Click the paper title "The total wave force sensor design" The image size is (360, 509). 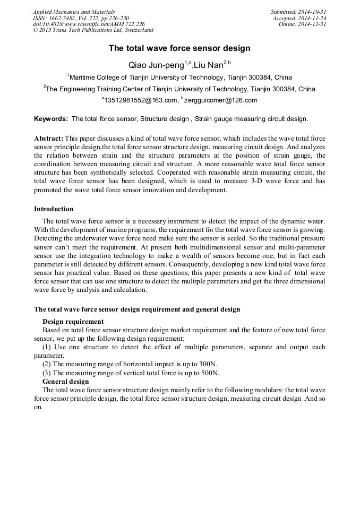179,48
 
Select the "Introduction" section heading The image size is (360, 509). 54,209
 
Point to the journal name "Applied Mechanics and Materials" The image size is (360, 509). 73,12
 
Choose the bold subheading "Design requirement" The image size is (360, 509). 73,322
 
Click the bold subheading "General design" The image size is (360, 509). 65,382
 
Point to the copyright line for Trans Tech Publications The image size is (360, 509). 93,30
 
